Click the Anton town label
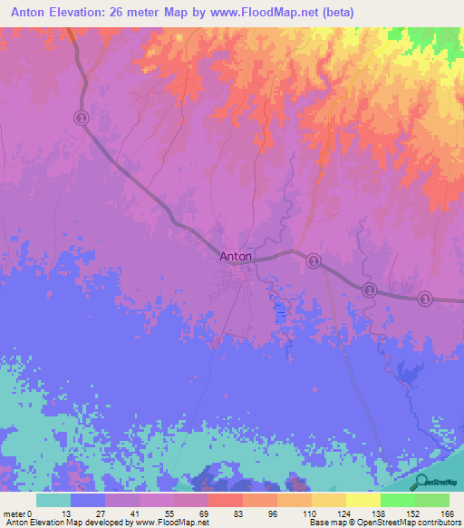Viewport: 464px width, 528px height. pyautogui.click(x=236, y=256)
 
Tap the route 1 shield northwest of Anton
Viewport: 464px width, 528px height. pyautogui.click(x=82, y=118)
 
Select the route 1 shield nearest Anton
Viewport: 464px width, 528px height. pyautogui.click(x=314, y=260)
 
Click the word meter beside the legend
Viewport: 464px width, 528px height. pyautogui.click(x=14, y=513)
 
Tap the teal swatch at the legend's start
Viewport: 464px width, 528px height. pyautogui.click(x=53, y=500)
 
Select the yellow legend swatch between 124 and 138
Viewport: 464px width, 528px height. pyautogui.click(x=363, y=500)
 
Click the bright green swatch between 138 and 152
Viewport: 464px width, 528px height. pyautogui.click(x=398, y=500)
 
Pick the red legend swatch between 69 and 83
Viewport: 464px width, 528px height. pyautogui.click(x=225, y=500)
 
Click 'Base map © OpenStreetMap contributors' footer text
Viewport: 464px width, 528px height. pyautogui.click(x=382, y=523)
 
